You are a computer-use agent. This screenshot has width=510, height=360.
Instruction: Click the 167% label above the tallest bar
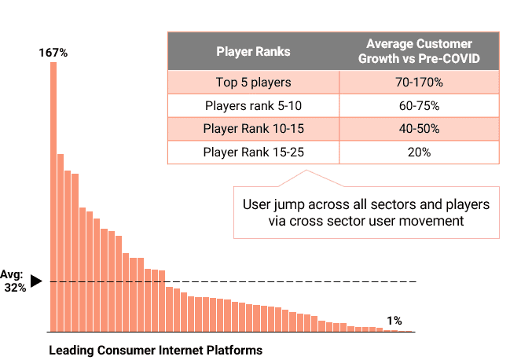[53, 53]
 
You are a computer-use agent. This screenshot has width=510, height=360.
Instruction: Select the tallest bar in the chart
[53, 197]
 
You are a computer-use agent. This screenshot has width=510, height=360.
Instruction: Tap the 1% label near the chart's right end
[394, 321]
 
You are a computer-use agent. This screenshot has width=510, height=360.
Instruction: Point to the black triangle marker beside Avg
[35, 281]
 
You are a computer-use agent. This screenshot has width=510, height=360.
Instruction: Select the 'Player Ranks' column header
[253, 52]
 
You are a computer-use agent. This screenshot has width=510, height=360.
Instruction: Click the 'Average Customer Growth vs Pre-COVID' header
[419, 52]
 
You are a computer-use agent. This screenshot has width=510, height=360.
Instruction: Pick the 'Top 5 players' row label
[253, 83]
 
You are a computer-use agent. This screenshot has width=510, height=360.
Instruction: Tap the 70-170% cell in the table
[419, 83]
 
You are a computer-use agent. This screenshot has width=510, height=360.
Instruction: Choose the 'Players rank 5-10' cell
[253, 105]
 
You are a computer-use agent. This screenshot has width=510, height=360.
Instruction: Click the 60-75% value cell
[419, 105]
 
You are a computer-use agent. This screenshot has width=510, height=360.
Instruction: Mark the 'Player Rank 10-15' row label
[253, 128]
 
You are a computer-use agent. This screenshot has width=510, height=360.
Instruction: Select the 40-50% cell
[419, 128]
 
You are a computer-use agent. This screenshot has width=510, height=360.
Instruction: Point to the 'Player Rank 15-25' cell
[253, 152]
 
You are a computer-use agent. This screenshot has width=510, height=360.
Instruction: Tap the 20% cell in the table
[419, 152]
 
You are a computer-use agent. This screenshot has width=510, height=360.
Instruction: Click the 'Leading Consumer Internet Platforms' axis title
[156, 349]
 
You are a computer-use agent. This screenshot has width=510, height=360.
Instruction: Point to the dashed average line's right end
[413, 281]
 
